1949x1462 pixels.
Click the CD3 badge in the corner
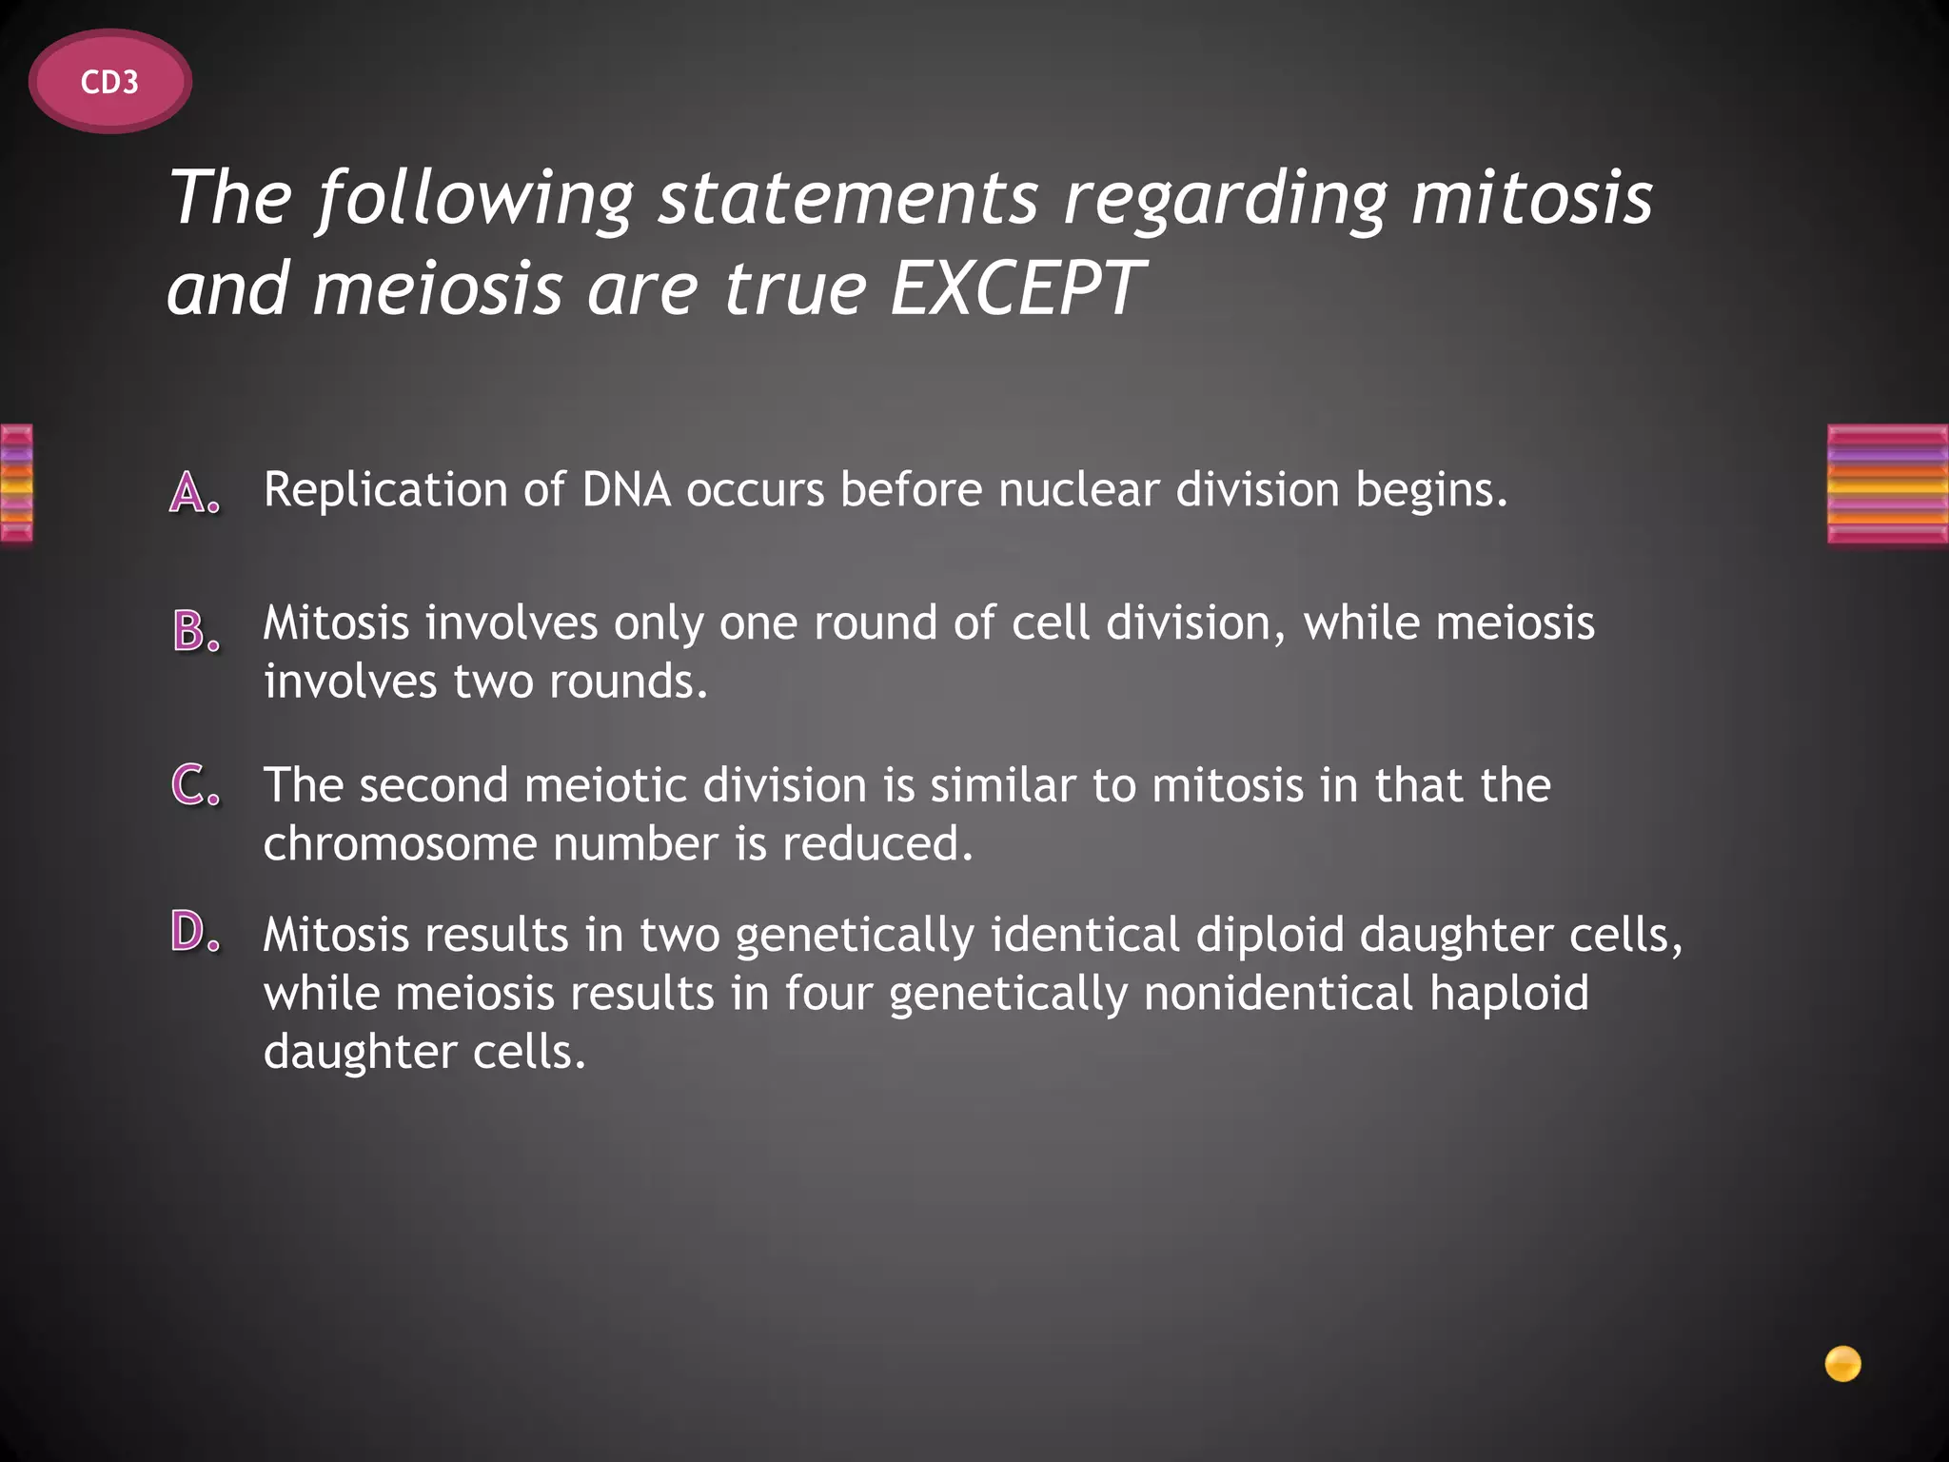(x=110, y=83)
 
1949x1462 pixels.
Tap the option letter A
(x=195, y=493)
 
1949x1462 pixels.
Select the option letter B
(x=195, y=631)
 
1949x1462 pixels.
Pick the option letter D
(x=195, y=932)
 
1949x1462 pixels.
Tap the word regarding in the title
(x=1224, y=200)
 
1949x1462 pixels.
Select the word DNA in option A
(x=627, y=489)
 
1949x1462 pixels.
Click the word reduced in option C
(x=877, y=844)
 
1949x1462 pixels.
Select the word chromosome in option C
(x=400, y=844)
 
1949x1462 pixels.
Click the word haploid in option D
(x=1508, y=995)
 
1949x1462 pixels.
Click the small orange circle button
(x=1842, y=1364)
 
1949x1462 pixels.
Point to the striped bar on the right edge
(x=1887, y=484)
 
